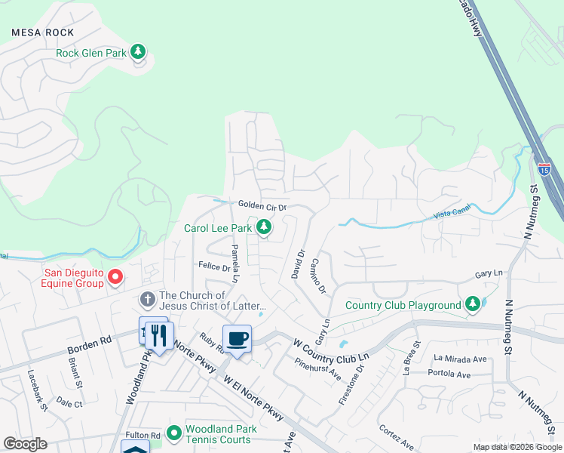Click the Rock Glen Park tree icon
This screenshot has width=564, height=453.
pyautogui.click(x=137, y=52)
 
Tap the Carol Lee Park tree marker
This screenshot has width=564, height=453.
pyautogui.click(x=264, y=226)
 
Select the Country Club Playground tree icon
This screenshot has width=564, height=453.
pyautogui.click(x=472, y=304)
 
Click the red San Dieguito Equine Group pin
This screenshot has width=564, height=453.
pyautogui.click(x=115, y=277)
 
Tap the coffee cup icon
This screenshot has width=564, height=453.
pyautogui.click(x=237, y=338)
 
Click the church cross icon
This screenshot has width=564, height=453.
pyautogui.click(x=148, y=300)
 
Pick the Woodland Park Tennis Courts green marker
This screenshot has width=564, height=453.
pyautogui.click(x=174, y=433)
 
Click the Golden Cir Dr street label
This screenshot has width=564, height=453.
pyautogui.click(x=262, y=205)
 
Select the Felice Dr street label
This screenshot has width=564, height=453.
pyautogui.click(x=214, y=267)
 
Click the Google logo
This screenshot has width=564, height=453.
pyautogui.click(x=25, y=444)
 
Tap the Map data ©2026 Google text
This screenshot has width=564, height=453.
pyautogui.click(x=516, y=447)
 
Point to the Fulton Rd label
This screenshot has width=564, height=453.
pyautogui.click(x=143, y=435)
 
